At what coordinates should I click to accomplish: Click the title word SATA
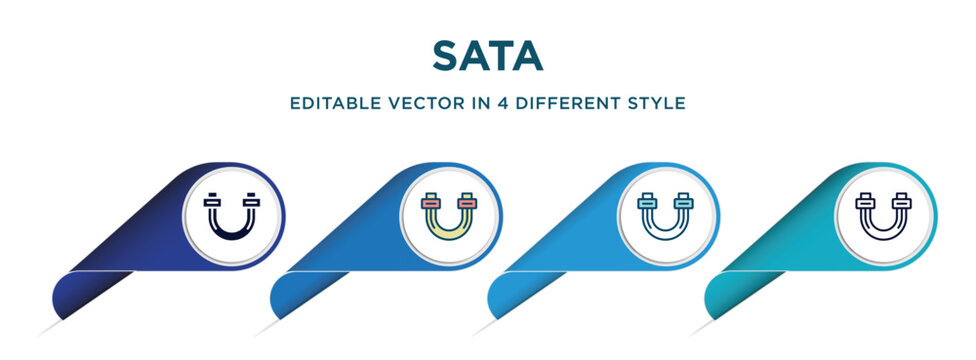487,56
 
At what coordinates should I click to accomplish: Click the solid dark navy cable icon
232,214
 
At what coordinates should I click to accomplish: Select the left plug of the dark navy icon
214,201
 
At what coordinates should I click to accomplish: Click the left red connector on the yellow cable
431,202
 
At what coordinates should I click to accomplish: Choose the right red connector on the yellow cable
467,202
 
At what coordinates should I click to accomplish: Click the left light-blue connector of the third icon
649,202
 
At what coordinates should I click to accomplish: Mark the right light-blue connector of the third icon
684,202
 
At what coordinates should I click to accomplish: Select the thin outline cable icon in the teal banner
884,214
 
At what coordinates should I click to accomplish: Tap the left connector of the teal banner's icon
866,202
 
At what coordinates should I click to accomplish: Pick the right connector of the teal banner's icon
902,202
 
